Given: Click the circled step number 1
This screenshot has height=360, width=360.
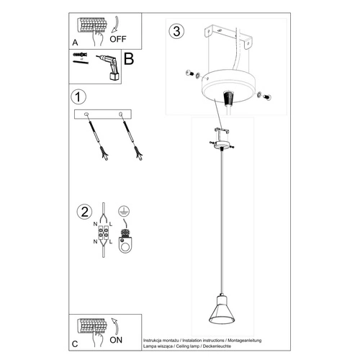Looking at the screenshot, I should coord(78,96).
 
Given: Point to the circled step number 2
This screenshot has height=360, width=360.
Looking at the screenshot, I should coord(84,212).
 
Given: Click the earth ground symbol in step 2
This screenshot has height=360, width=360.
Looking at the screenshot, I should coord(123,211).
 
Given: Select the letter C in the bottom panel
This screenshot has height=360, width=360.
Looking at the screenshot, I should coord(75,345).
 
